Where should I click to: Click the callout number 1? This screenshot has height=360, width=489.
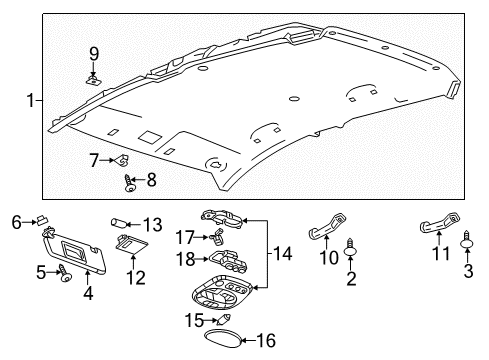point(31,100)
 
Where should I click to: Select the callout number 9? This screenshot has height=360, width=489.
point(93,54)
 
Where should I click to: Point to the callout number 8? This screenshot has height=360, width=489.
point(152,180)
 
